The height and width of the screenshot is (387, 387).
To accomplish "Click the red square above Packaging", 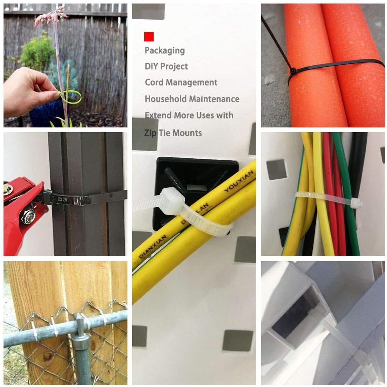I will coord(149,37).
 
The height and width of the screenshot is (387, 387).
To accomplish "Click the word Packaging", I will coord(165,50).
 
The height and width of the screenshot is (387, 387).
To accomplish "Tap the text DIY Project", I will coord(166,66).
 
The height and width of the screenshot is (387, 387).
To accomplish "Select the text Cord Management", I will coord(181,82).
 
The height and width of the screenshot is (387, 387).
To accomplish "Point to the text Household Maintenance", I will coord(192,99).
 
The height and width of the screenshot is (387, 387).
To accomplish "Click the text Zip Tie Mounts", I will coord(173,133).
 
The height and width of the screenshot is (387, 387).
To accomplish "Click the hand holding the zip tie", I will coord(27,94).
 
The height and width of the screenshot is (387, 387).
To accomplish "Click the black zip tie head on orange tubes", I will coord(292,71).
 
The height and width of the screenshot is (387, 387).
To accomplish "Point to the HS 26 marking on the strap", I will coord(61,199).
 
